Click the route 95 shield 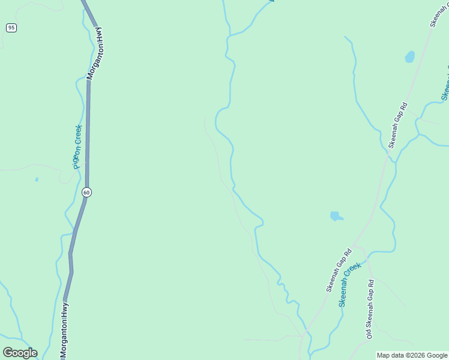tap(11, 28)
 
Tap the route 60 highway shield tap(87, 192)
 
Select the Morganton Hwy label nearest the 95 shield tap(96, 53)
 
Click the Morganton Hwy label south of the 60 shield tap(64, 329)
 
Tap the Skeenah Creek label tap(350, 284)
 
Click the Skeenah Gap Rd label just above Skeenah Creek tap(339, 271)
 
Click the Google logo tap(20, 353)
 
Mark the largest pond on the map tap(336, 216)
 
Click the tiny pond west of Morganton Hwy tap(37, 179)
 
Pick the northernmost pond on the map tap(410, 57)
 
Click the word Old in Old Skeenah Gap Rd tap(369, 332)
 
